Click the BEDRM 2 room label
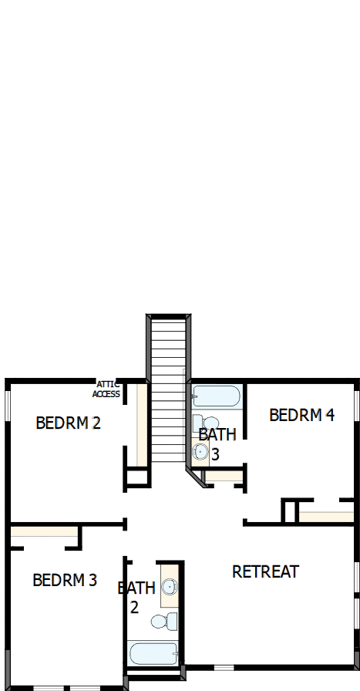(x=69, y=423)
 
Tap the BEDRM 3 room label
(x=65, y=580)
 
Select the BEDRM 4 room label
(x=301, y=415)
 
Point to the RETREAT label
(x=265, y=571)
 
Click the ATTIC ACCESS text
(x=106, y=389)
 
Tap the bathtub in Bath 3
(x=216, y=396)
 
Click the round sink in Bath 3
(x=200, y=453)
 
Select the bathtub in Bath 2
(x=155, y=654)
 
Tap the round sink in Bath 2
(x=169, y=588)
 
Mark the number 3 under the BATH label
(x=215, y=455)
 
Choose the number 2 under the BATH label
(x=134, y=607)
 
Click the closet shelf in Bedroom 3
(x=44, y=531)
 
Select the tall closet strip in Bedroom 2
(x=141, y=424)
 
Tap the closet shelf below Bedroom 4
(x=325, y=516)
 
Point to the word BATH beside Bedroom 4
(x=217, y=434)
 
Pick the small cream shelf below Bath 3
(x=224, y=476)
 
